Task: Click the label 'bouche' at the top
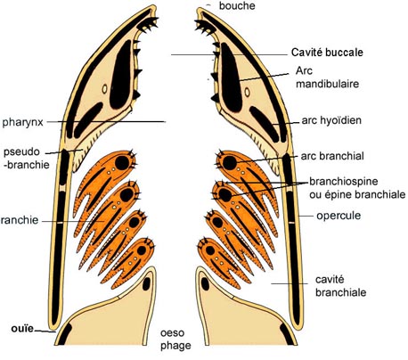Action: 237,6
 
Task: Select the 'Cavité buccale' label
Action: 327,53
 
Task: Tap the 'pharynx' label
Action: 22,122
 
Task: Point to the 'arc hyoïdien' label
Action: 331,120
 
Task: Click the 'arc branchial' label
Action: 332,156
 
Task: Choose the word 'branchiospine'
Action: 344,181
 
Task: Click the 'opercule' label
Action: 339,216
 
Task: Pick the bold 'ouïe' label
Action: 22,329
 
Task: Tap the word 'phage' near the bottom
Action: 175,346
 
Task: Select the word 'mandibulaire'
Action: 327,84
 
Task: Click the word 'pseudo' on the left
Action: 21,152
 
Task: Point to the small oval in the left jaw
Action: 104,89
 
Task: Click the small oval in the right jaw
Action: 247,92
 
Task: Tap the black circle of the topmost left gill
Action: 122,163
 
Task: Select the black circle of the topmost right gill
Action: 230,163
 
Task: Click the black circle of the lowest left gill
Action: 142,250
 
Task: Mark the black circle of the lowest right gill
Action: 210,250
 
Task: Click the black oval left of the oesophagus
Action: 146,284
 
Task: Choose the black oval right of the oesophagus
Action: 205,284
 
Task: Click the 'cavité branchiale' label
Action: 340,286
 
